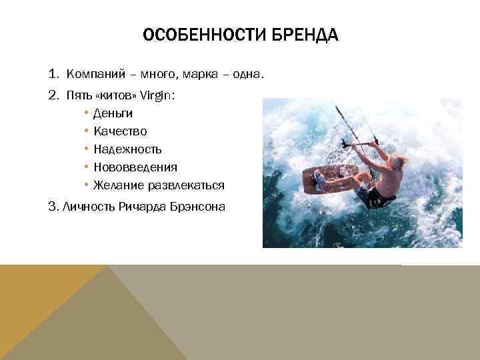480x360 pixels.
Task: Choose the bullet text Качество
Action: pyautogui.click(x=120, y=131)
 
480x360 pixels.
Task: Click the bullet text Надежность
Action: pyautogui.click(x=127, y=149)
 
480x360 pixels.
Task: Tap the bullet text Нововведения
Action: pyautogui.click(x=135, y=167)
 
